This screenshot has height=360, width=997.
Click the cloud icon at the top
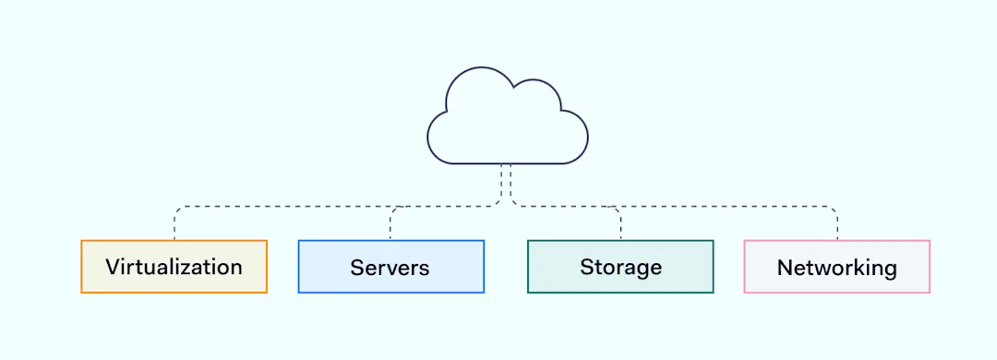(x=507, y=120)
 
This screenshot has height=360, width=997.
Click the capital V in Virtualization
(x=113, y=267)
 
